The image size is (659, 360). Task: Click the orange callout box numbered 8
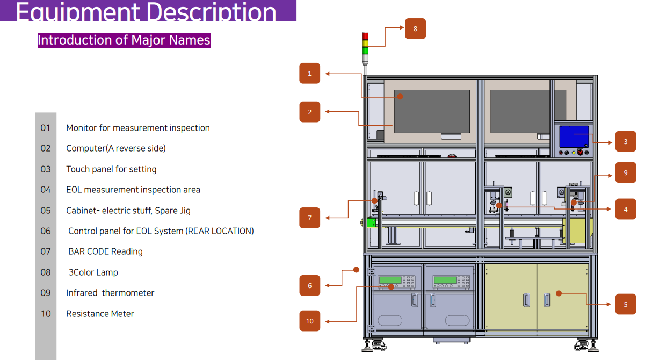[x=415, y=28]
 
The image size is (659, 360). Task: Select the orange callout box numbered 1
[x=309, y=74]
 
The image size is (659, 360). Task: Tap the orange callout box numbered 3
[x=626, y=142]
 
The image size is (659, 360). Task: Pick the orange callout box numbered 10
[x=309, y=321]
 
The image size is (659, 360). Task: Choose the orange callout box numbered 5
[x=626, y=304]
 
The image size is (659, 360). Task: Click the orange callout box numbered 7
[x=309, y=218]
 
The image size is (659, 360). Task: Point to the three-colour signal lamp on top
[x=365, y=43]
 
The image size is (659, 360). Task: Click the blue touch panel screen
[x=574, y=136]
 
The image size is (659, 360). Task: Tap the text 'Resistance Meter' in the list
[x=100, y=314]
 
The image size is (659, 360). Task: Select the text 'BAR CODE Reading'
[x=105, y=251]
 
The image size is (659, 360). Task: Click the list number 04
[x=46, y=190]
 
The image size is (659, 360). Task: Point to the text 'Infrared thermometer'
[x=110, y=293]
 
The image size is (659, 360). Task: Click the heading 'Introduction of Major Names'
[x=124, y=40]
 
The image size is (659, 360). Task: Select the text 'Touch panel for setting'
[x=111, y=169]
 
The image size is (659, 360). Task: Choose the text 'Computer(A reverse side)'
[x=116, y=148]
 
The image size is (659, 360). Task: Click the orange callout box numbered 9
[x=626, y=172]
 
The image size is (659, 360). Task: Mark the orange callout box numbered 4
[x=626, y=209]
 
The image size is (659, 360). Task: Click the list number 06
[x=46, y=231]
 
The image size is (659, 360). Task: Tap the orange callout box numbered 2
[x=309, y=112]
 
